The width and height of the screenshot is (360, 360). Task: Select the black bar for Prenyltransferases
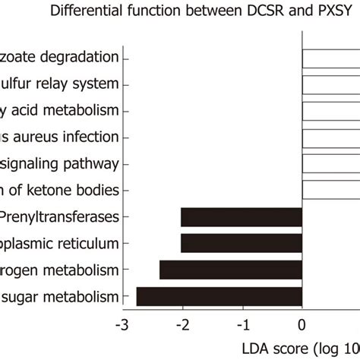click(241, 217)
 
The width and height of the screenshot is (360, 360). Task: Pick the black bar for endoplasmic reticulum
click(241, 243)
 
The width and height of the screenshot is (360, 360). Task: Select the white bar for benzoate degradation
click(330, 58)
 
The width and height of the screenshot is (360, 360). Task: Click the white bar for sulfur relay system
click(330, 84)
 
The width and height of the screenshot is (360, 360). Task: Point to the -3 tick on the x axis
click(120, 325)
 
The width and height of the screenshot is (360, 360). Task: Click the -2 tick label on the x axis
click(180, 325)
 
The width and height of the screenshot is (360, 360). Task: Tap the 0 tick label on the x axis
click(302, 325)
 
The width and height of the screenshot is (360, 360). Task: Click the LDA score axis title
click(311, 348)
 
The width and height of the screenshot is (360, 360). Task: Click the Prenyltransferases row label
click(61, 217)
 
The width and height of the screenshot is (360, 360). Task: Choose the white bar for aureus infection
click(330, 137)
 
